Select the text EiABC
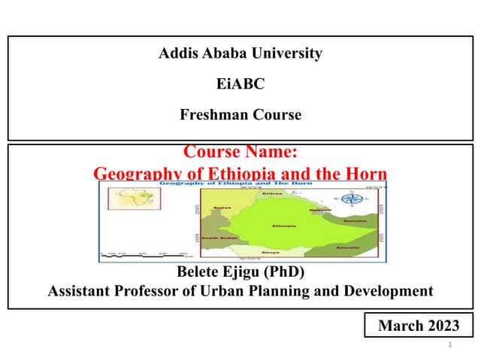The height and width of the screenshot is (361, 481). point(240,84)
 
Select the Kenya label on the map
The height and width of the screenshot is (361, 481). point(271,252)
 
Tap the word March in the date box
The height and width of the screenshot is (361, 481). point(401,326)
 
